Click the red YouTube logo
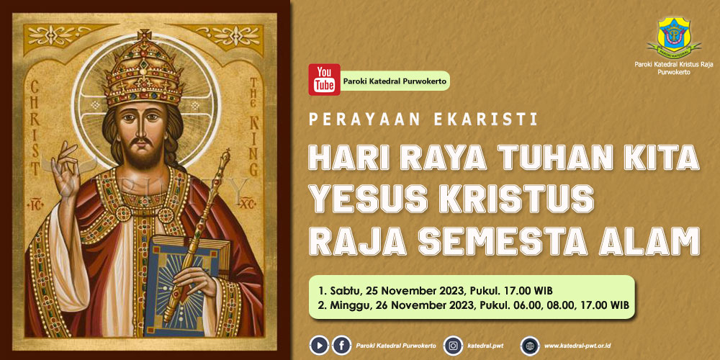click(x=324, y=79)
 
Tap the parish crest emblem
click(x=674, y=35)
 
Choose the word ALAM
click(x=649, y=242)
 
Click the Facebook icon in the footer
click(x=341, y=345)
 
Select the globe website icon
click(x=530, y=346)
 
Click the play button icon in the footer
click(x=319, y=345)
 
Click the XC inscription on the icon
click(x=248, y=201)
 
